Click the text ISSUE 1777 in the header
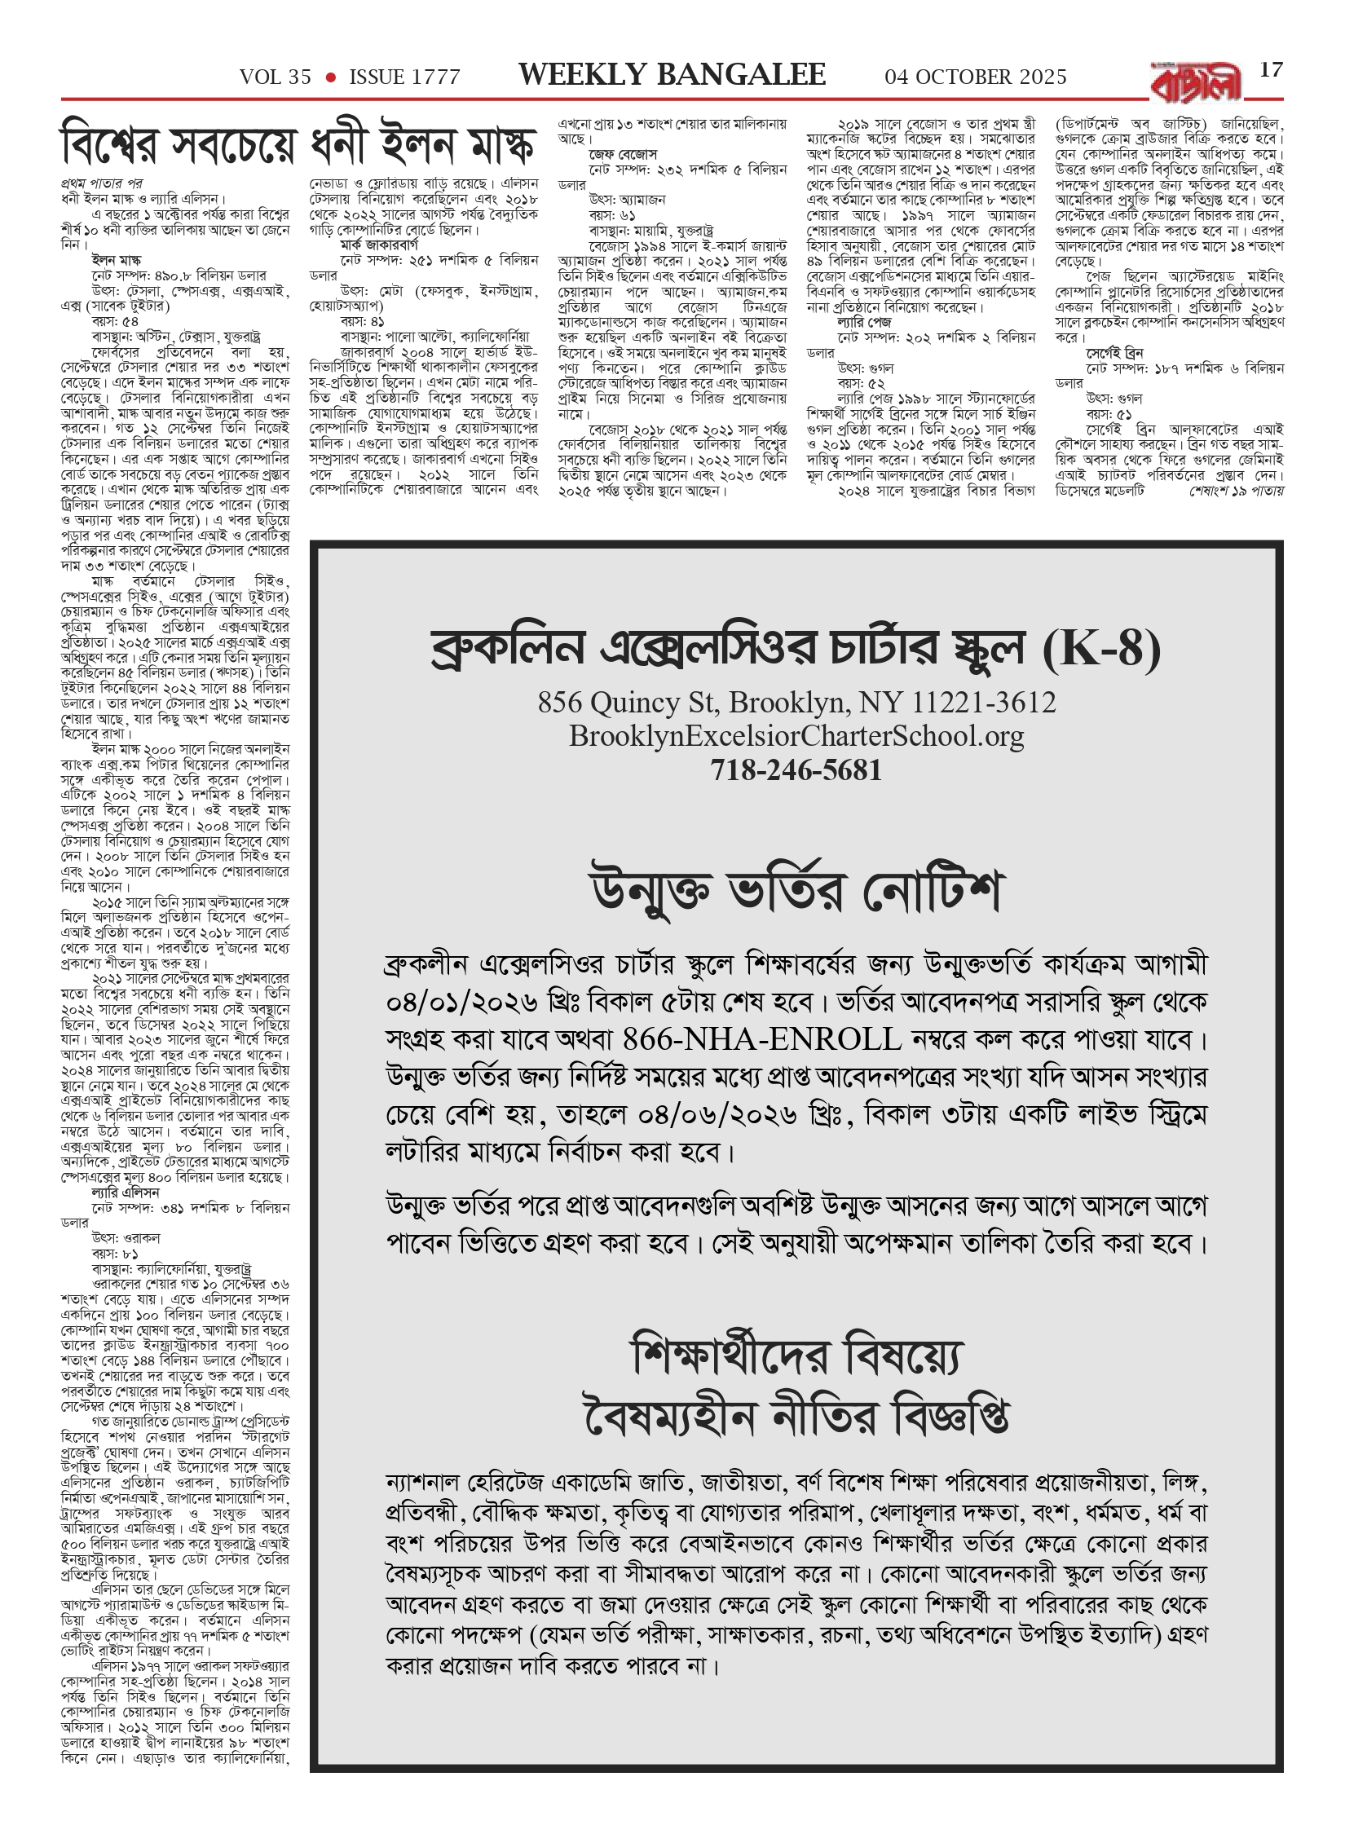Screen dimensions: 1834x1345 404,77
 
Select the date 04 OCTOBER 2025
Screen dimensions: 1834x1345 976,77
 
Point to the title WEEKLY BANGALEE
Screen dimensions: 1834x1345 672,76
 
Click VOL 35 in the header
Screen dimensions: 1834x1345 276,77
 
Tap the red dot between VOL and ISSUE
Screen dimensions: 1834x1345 331,77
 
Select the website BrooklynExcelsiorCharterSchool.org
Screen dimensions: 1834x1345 796,736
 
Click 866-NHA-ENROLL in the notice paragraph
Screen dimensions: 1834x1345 762,1039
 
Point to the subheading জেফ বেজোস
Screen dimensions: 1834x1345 623,155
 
